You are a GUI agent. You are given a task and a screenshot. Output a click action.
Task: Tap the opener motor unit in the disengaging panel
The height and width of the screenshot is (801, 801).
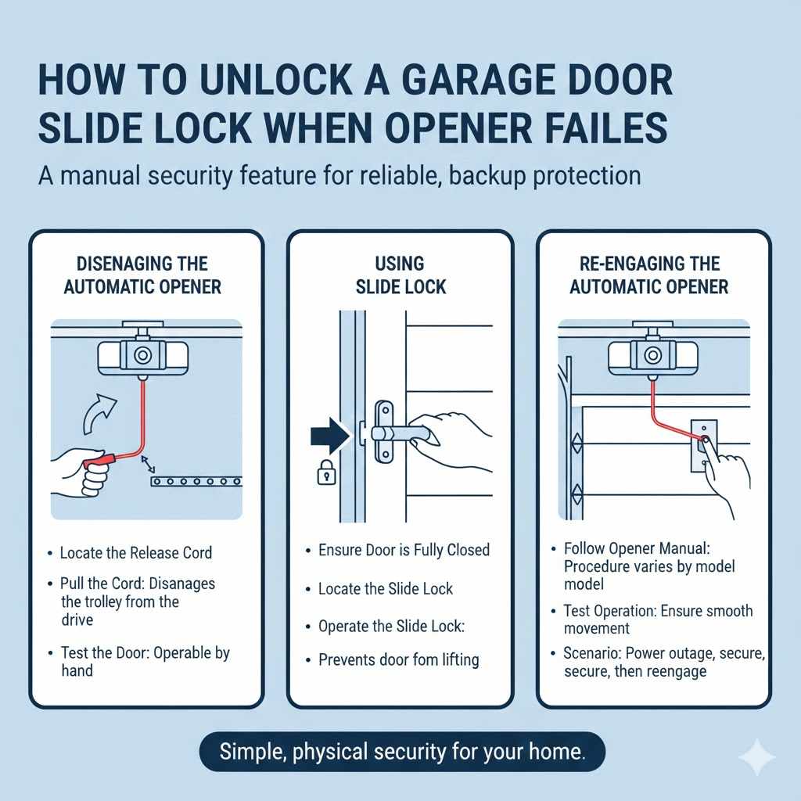[x=142, y=356]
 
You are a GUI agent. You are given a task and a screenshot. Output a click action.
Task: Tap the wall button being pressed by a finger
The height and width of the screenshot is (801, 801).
[x=703, y=444]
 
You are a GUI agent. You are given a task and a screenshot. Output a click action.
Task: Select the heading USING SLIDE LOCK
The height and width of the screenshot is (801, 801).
[x=400, y=275]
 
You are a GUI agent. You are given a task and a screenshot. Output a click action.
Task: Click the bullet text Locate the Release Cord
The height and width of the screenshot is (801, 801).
[x=135, y=553]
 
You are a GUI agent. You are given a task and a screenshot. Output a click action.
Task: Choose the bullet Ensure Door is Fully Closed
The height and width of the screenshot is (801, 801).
[x=404, y=550]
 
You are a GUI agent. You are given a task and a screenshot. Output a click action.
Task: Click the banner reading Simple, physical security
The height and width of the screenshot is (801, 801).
[x=402, y=753]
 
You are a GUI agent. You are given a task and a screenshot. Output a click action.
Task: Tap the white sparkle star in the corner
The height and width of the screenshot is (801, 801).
[x=756, y=756]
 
